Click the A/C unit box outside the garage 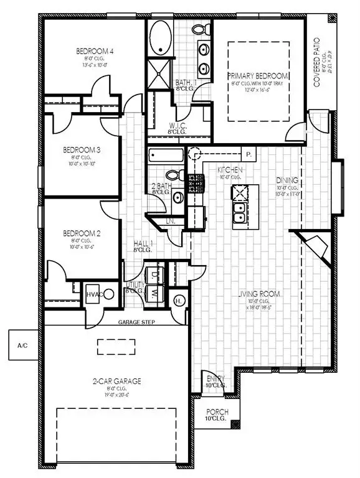pos(22,344)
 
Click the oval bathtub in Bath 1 pos(161,38)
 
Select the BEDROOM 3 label pos(82,150)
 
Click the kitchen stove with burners pos(196,182)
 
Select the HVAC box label pos(93,294)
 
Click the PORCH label pos(218,412)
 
